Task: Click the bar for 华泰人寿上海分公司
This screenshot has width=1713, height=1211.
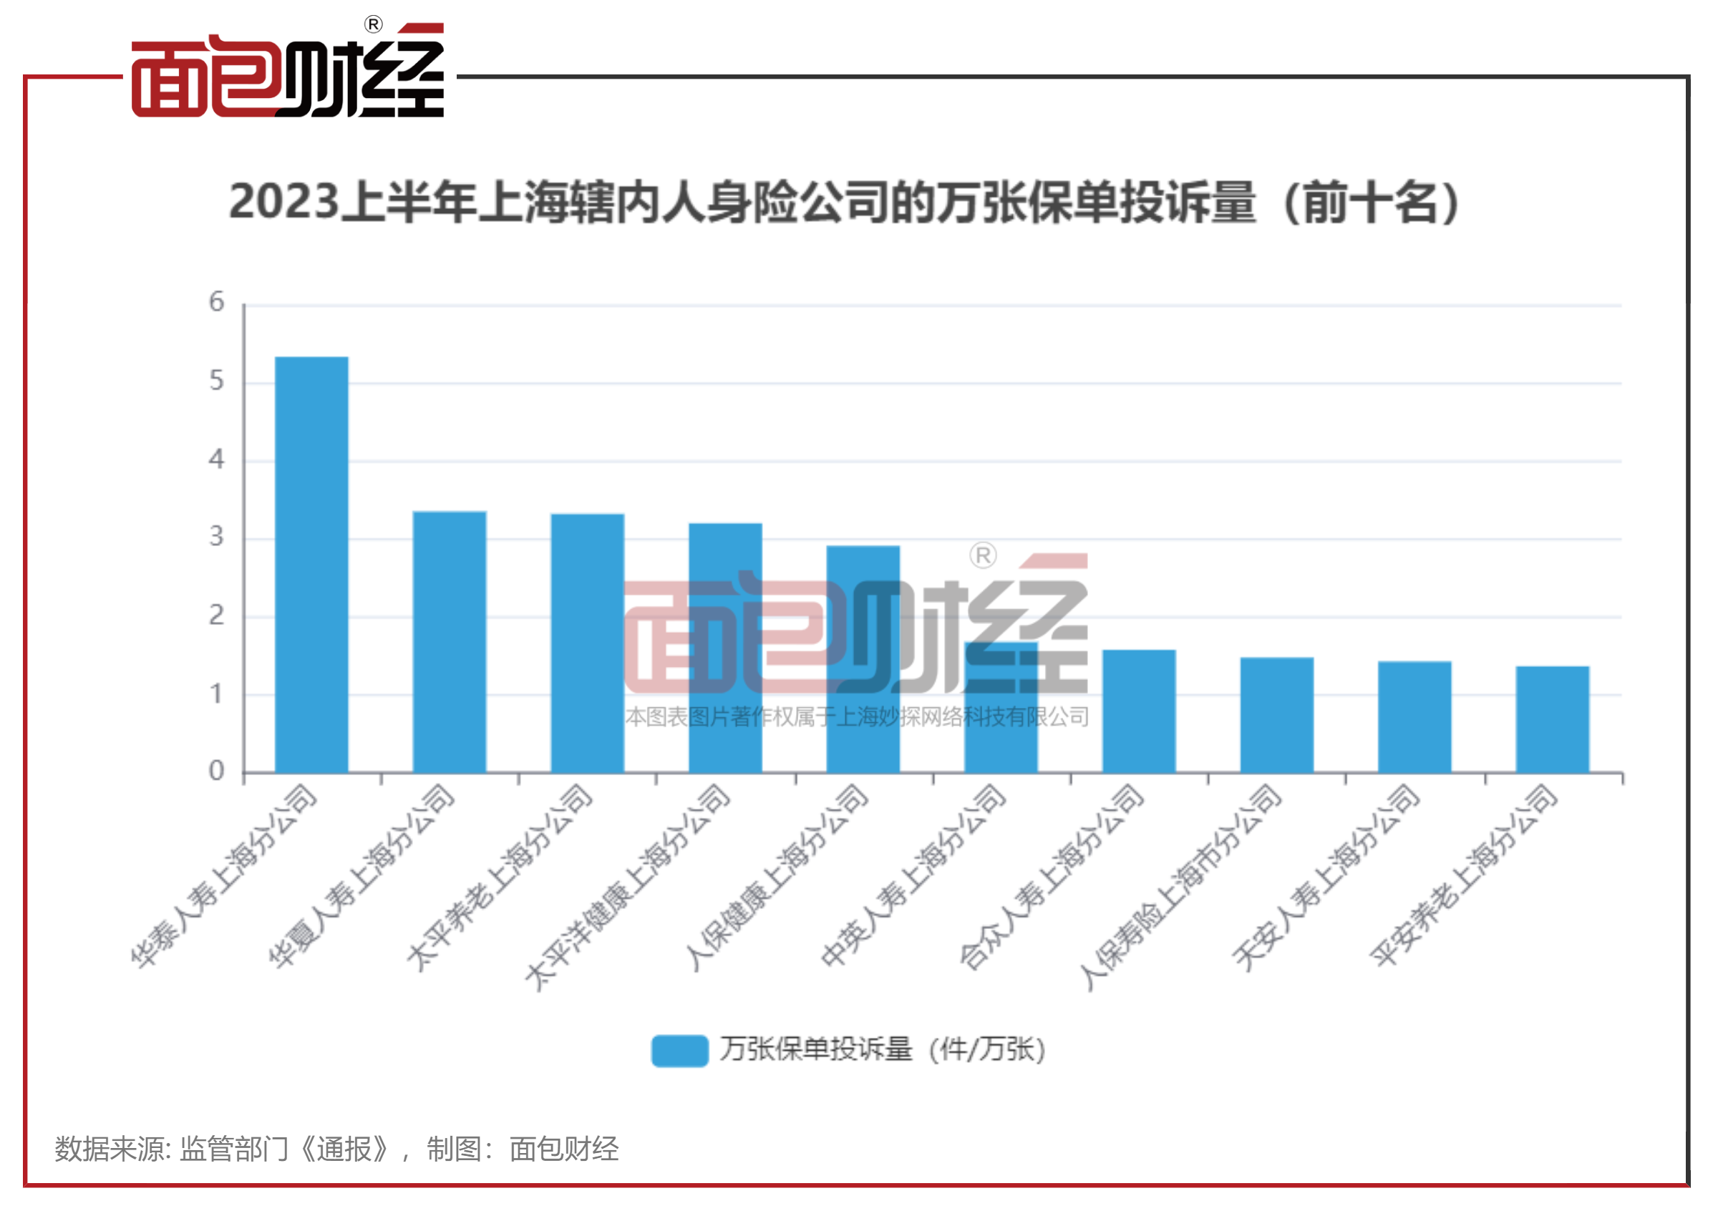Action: click(311, 564)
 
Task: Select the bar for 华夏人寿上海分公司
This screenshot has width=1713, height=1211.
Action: click(449, 642)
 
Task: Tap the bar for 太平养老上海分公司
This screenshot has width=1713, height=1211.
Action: click(587, 643)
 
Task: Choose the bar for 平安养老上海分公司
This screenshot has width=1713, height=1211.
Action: click(1553, 719)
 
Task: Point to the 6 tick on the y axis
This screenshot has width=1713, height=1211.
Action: click(216, 302)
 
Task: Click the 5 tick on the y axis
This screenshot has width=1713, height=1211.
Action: click(216, 381)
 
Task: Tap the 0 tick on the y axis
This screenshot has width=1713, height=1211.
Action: click(216, 771)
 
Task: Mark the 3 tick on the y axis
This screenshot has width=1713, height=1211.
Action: click(216, 538)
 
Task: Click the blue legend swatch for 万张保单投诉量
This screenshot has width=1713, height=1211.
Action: click(679, 1051)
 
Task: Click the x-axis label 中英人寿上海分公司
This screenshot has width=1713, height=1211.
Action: click(914, 877)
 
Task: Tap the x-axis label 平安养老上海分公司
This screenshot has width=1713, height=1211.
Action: click(1464, 876)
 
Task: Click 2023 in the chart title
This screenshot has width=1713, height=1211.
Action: click(283, 203)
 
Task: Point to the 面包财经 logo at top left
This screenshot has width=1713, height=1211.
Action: click(288, 74)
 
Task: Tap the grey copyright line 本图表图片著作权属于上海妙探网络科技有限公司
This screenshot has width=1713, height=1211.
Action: click(856, 717)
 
